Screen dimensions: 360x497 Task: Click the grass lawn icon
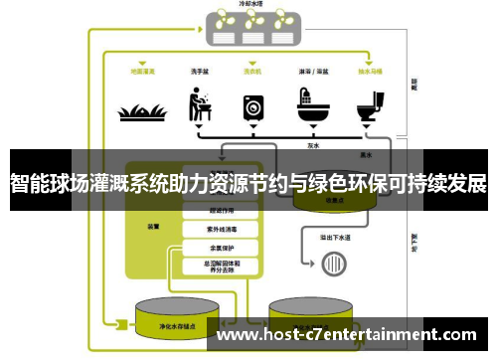click(x=141, y=109)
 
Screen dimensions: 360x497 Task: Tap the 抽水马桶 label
click(x=371, y=72)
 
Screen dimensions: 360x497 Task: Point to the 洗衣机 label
click(x=253, y=72)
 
